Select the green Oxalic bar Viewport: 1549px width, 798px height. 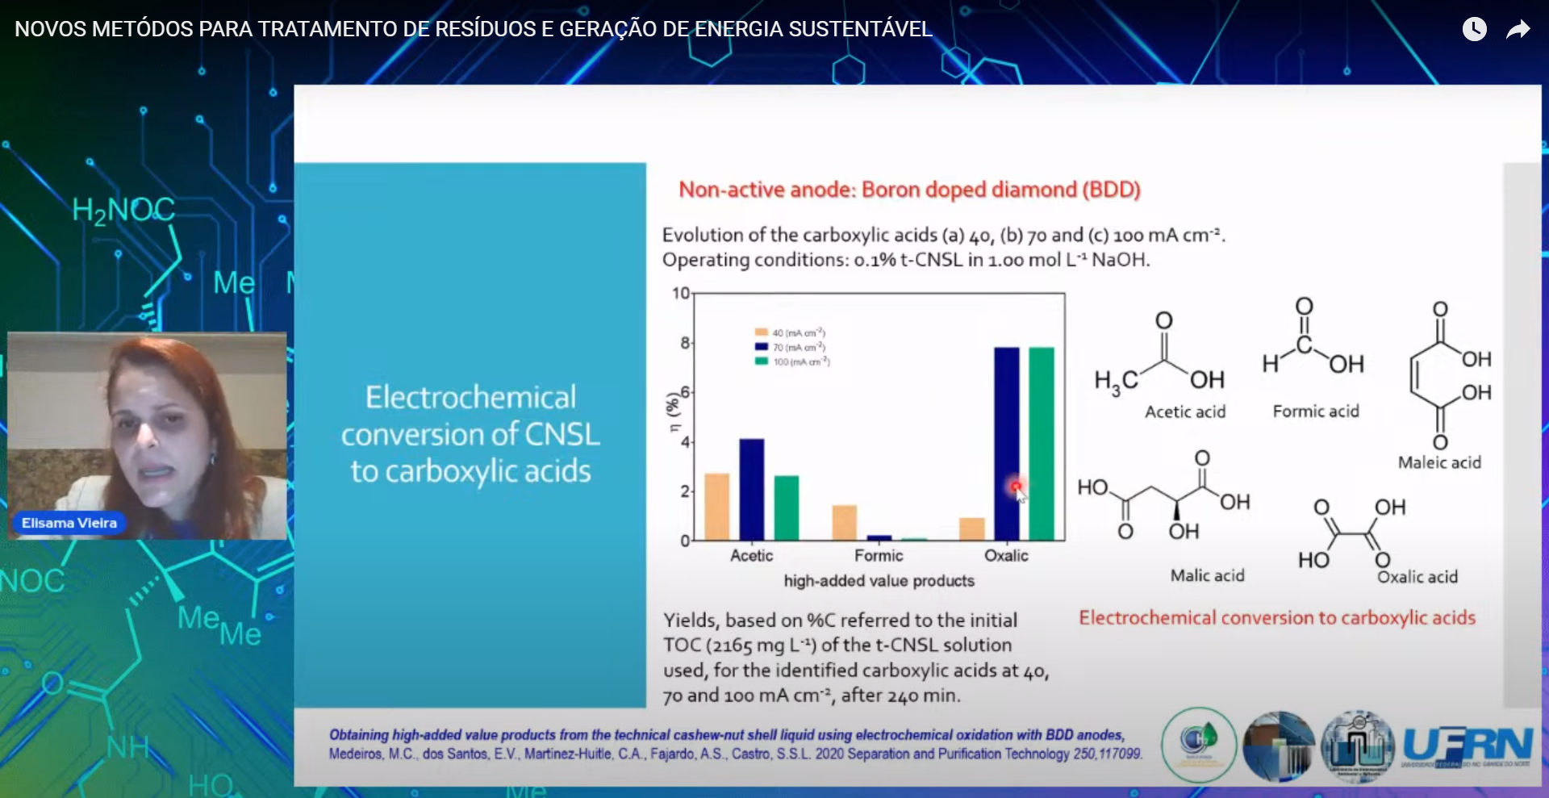click(x=1042, y=444)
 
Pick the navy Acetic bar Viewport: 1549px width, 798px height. click(x=751, y=489)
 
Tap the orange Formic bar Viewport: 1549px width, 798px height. click(x=844, y=523)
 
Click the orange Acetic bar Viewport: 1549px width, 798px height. click(x=716, y=507)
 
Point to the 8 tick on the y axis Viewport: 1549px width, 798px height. click(x=684, y=343)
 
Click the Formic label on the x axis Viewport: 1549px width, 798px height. click(x=879, y=555)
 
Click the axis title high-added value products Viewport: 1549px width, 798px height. click(x=879, y=581)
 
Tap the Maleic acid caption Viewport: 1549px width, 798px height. click(x=1439, y=462)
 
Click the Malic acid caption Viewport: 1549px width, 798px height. click(x=1207, y=575)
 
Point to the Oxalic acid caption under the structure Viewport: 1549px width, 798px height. click(x=1417, y=577)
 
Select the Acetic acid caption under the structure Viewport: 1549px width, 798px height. click(x=1185, y=412)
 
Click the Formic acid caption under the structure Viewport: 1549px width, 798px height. click(x=1316, y=412)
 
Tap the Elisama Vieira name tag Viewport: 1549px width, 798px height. click(x=69, y=523)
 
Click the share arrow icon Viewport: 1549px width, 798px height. click(x=1518, y=30)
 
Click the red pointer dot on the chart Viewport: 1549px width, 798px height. click(x=1016, y=486)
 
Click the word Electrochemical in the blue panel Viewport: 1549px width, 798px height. click(x=470, y=397)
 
